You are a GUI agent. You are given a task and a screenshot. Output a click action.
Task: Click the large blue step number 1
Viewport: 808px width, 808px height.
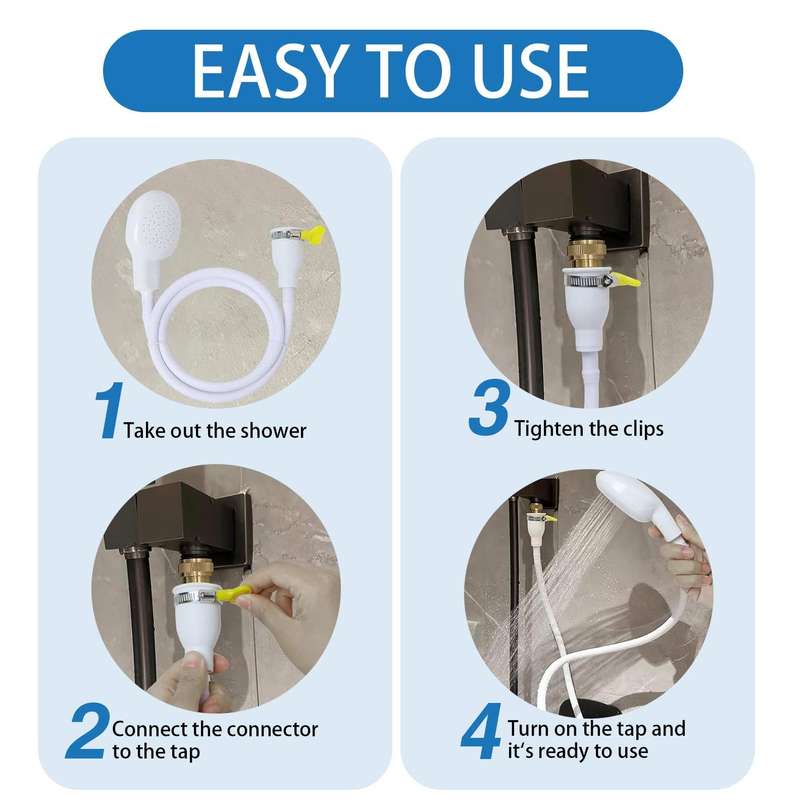click(109, 410)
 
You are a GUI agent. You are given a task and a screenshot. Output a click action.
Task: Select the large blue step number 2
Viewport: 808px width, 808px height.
click(88, 731)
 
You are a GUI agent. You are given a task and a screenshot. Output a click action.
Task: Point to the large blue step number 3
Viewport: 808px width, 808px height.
click(489, 408)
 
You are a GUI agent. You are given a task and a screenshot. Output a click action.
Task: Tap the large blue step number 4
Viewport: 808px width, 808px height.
click(481, 731)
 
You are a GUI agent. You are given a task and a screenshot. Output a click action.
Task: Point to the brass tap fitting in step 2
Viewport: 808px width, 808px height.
click(197, 573)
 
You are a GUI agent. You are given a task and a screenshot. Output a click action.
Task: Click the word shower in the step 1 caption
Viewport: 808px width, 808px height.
click(273, 431)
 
